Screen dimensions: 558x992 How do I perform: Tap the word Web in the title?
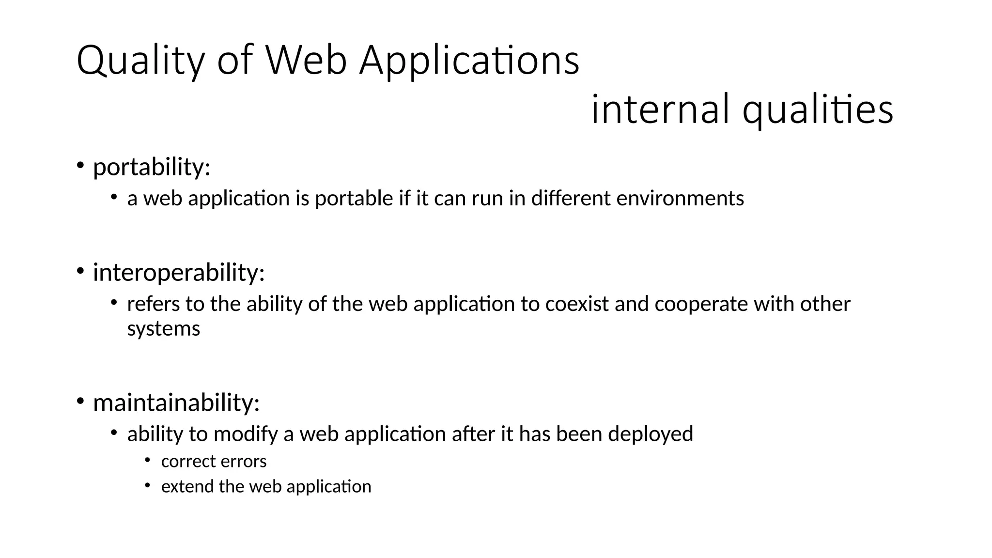point(306,60)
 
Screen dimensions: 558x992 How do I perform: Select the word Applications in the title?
point(469,61)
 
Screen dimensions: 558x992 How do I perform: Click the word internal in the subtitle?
point(660,109)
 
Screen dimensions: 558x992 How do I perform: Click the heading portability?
point(152,167)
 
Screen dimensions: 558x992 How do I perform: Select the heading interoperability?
point(179,272)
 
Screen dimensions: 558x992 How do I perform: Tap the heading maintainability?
point(176,403)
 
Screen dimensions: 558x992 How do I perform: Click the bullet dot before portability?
point(80,165)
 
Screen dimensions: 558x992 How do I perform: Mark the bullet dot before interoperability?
point(80,270)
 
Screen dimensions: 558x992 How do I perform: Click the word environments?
point(680,199)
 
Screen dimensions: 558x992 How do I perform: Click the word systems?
point(163,329)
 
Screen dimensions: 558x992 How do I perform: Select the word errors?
point(248,462)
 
